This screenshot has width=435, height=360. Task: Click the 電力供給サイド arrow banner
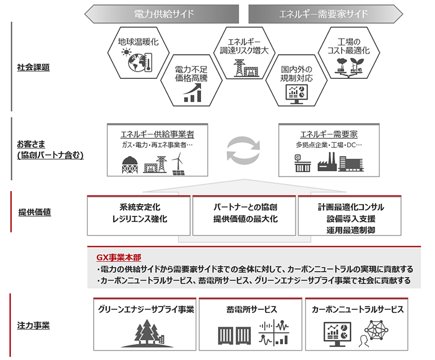(162, 14)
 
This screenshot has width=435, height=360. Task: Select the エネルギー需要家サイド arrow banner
(326, 14)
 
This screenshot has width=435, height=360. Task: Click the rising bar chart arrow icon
(192, 93)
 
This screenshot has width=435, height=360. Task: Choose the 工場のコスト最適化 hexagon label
(349, 46)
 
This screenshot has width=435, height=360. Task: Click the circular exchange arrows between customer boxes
(243, 150)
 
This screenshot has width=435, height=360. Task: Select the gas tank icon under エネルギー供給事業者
(130, 165)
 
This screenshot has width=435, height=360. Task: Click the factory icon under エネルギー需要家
(327, 162)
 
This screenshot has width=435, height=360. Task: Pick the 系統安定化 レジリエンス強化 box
(139, 216)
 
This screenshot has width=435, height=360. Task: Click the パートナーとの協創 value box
(244, 216)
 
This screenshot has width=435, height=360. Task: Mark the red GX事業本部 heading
(119, 257)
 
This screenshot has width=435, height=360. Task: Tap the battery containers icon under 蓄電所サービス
(234, 335)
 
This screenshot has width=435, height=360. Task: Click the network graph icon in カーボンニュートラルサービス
(376, 330)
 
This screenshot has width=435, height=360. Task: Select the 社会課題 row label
(33, 67)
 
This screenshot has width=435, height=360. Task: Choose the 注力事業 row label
(33, 325)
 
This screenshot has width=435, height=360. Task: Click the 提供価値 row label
(35, 213)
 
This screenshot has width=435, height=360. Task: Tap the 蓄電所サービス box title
(252, 310)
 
